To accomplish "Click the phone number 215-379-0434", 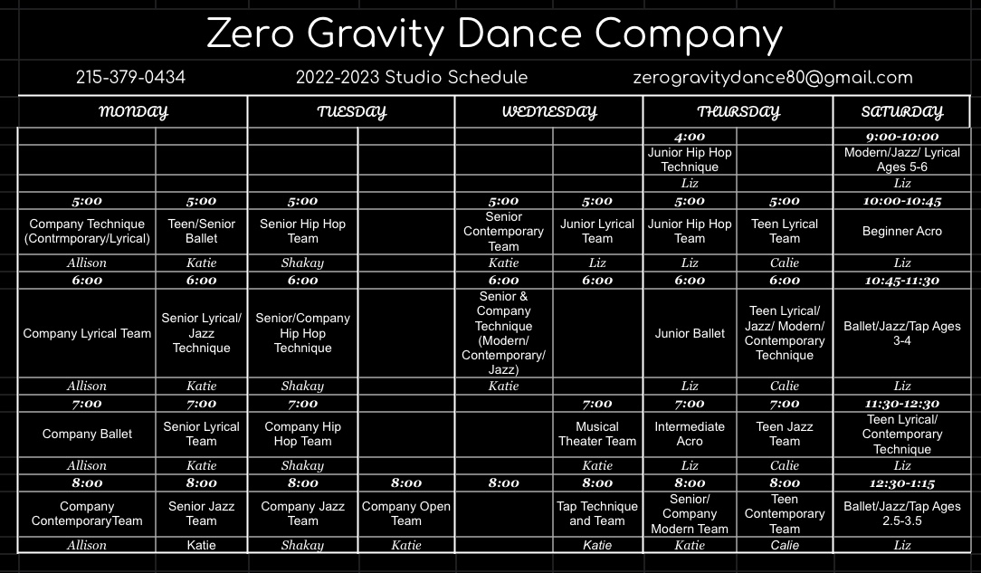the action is point(130,78).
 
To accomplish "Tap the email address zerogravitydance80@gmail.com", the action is point(773,78).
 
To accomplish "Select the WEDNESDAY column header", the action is point(549,112).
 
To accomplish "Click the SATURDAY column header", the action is point(901,112).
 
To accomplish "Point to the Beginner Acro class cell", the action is point(901,231).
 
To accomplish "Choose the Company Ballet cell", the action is point(87,434).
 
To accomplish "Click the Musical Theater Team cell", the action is point(597,434).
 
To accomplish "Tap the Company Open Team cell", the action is point(406,513).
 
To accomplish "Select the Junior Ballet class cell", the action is point(690,333).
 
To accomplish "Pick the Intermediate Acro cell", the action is point(690,434).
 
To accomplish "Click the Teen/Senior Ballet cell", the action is point(202,231).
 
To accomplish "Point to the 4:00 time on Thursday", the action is point(690,137).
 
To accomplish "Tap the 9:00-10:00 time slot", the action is point(901,137).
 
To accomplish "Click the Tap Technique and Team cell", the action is point(597,513).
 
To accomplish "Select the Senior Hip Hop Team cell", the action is point(303,231).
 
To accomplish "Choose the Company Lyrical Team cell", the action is point(87,333).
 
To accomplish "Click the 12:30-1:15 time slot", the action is point(901,482).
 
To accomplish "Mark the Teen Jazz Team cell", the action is point(785,434).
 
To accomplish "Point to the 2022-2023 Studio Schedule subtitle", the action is point(412,78).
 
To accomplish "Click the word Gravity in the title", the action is point(376,34).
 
